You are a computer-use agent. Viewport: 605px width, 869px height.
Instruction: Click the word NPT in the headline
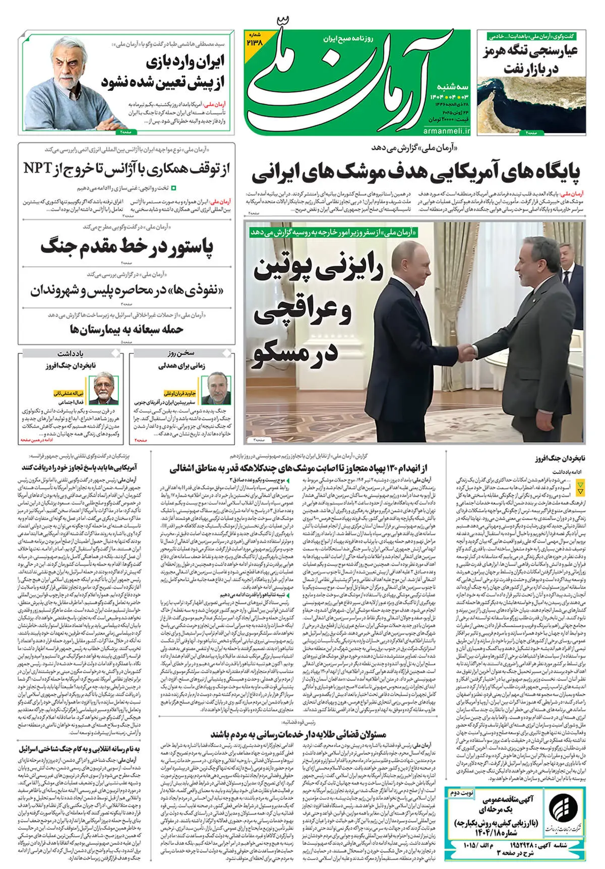click(38, 168)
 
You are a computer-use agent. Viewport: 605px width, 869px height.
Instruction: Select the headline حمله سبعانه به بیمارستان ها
click(127, 330)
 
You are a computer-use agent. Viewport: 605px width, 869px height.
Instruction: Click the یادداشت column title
click(70, 353)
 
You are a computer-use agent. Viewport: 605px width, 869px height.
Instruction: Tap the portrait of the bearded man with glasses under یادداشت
click(106, 388)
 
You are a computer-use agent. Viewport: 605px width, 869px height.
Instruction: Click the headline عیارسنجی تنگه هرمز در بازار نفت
click(530, 59)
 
